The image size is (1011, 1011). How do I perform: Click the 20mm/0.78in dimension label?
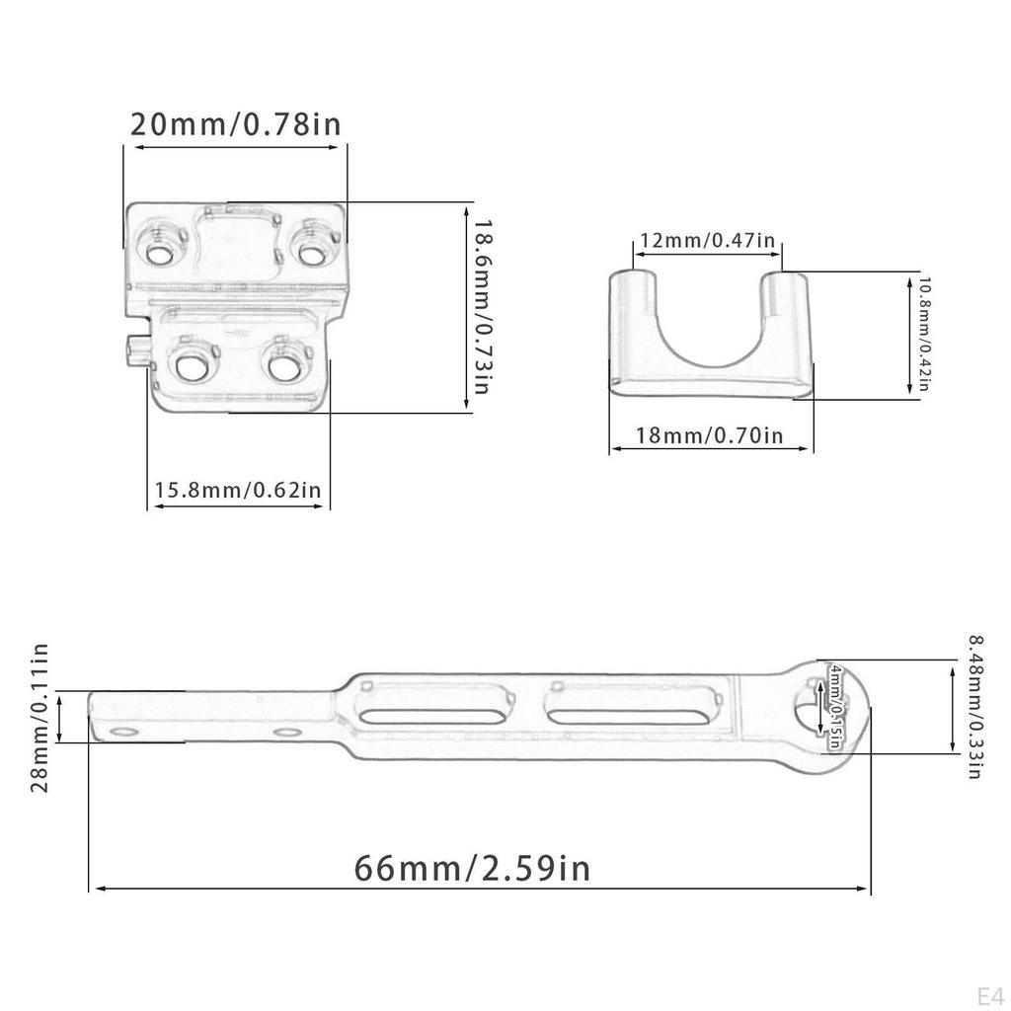click(x=236, y=125)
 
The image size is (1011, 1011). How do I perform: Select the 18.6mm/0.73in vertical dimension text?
click(x=481, y=306)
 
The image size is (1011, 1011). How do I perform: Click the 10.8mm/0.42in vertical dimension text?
click(x=924, y=334)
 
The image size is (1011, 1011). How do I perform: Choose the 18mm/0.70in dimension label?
click(x=711, y=434)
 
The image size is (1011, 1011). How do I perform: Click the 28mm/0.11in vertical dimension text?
click(x=40, y=718)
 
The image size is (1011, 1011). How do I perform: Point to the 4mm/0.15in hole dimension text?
click(x=836, y=707)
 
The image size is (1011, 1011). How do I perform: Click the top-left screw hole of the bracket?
click(x=158, y=253)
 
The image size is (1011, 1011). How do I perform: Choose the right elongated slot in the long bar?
click(x=624, y=715)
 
